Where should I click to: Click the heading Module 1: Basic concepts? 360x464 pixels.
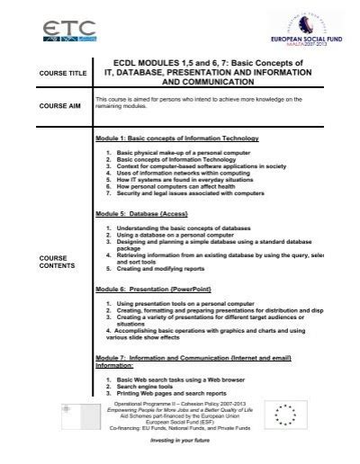177,139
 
